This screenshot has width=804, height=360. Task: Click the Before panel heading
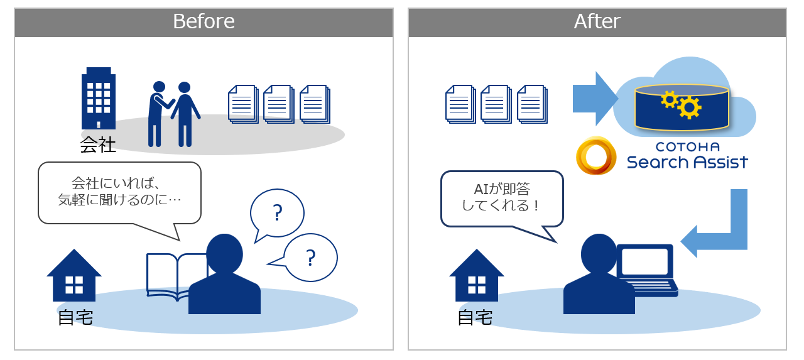204,21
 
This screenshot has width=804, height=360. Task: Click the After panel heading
597,21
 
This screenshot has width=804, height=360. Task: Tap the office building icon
99,98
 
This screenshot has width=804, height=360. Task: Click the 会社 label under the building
97,145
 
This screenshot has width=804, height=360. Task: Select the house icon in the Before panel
74,275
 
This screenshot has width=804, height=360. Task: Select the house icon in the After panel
477,275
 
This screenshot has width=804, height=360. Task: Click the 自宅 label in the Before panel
75,317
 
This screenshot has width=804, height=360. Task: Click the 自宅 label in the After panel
475,317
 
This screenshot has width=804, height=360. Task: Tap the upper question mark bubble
277,213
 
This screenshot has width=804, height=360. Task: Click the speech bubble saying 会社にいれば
119,194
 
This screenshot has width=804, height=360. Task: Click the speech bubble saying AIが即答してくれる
502,199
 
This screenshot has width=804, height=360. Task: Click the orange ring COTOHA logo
597,155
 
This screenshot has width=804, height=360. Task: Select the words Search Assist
687,162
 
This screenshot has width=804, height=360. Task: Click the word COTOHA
688,147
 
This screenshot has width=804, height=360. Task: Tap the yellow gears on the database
681,104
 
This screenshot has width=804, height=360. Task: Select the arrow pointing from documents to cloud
595,99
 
